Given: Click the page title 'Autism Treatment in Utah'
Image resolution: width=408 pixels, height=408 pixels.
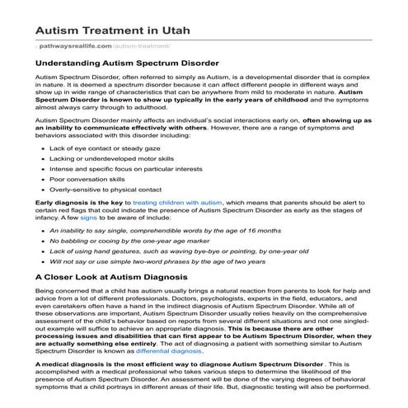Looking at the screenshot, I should point(110,30).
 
